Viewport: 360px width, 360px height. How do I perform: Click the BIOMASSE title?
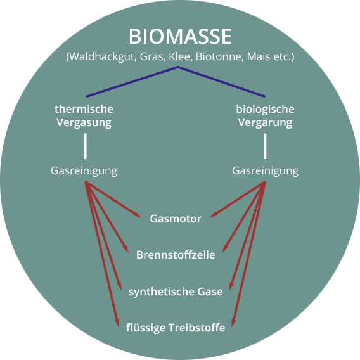click(x=180, y=36)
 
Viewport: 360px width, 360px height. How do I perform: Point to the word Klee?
click(x=181, y=56)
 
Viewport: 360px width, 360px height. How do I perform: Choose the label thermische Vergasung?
click(x=84, y=116)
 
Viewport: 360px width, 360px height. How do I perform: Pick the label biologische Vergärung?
click(x=265, y=116)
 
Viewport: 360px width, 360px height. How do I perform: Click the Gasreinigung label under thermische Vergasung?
click(x=84, y=171)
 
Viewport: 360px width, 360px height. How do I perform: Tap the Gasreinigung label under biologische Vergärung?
click(x=265, y=171)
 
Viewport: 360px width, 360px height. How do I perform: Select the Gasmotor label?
click(x=176, y=219)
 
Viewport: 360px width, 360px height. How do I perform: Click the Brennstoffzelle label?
click(x=176, y=255)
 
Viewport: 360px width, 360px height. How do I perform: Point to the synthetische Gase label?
click(x=176, y=292)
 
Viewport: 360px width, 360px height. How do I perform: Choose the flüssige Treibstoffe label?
click(x=176, y=328)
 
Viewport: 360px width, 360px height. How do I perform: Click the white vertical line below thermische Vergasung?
click(x=86, y=146)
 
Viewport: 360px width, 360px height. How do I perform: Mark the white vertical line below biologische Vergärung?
click(x=265, y=146)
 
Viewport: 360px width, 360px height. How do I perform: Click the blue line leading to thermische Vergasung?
click(x=132, y=82)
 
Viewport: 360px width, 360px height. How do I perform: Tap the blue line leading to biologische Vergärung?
click(x=222, y=82)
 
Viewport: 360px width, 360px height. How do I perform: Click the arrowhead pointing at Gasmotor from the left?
click(x=137, y=215)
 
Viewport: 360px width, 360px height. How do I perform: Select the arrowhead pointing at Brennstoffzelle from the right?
click(x=224, y=248)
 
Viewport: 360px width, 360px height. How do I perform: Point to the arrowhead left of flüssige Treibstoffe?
click(x=117, y=323)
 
